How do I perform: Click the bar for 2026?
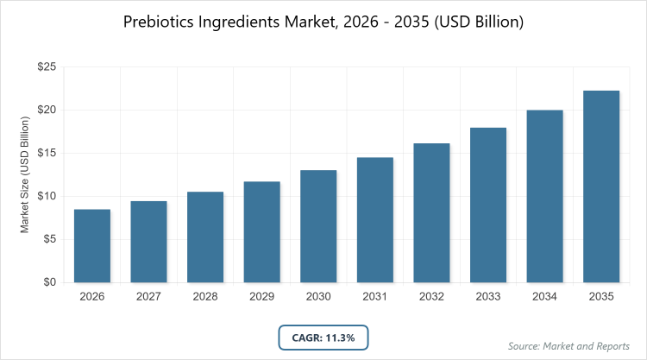pos(92,246)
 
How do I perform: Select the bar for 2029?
pos(262,232)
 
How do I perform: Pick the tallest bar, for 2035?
pos(602,186)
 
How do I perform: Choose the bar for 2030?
pos(319,226)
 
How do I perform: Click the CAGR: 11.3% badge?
pos(323,336)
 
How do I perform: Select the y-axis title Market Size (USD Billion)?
pos(26,175)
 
